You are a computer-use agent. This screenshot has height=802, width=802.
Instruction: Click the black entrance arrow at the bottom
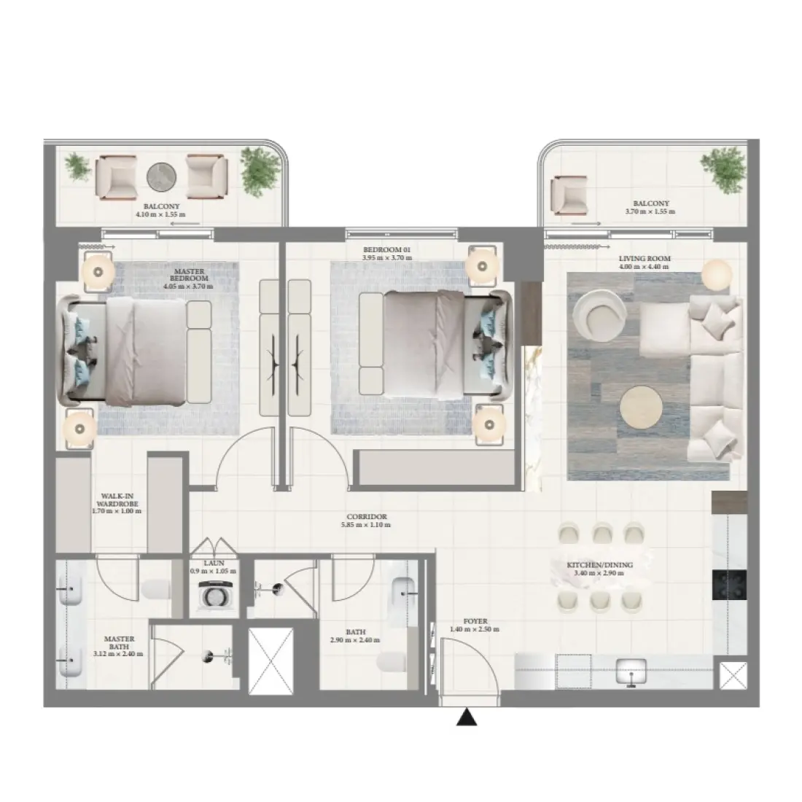[467, 719]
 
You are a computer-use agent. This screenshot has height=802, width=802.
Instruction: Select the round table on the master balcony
[162, 176]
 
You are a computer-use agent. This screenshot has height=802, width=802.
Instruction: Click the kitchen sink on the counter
[632, 669]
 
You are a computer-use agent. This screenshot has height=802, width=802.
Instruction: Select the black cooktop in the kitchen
[729, 581]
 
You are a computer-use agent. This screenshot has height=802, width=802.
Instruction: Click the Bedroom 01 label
[387, 249]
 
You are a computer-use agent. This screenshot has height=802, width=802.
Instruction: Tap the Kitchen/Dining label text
[599, 564]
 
